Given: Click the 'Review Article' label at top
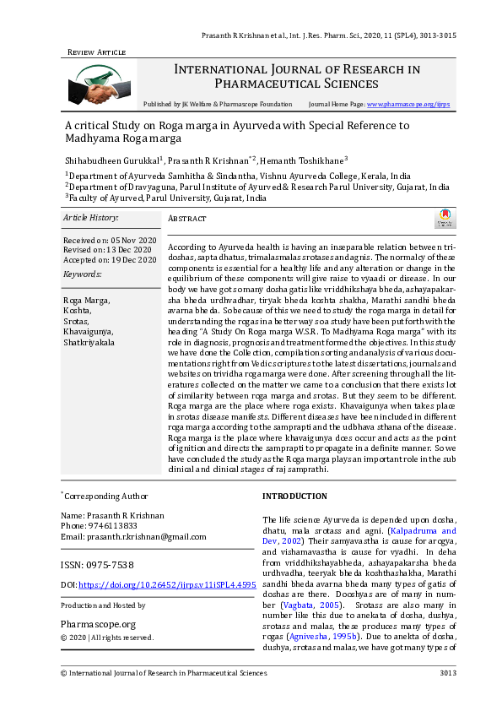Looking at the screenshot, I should click(x=96, y=52).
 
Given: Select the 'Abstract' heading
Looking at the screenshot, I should click(x=187, y=219).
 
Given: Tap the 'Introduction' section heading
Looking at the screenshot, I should click(x=294, y=496).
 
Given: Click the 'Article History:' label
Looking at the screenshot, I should click(x=92, y=218).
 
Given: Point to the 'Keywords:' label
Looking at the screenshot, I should click(x=82, y=274).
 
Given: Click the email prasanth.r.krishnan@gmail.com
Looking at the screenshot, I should click(x=133, y=536).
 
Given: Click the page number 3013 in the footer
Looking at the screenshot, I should click(x=447, y=672).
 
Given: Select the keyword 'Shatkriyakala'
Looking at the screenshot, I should click(x=90, y=343).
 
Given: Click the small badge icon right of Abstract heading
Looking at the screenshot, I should click(x=444, y=220).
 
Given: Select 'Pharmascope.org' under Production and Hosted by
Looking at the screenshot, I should click(x=98, y=623).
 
